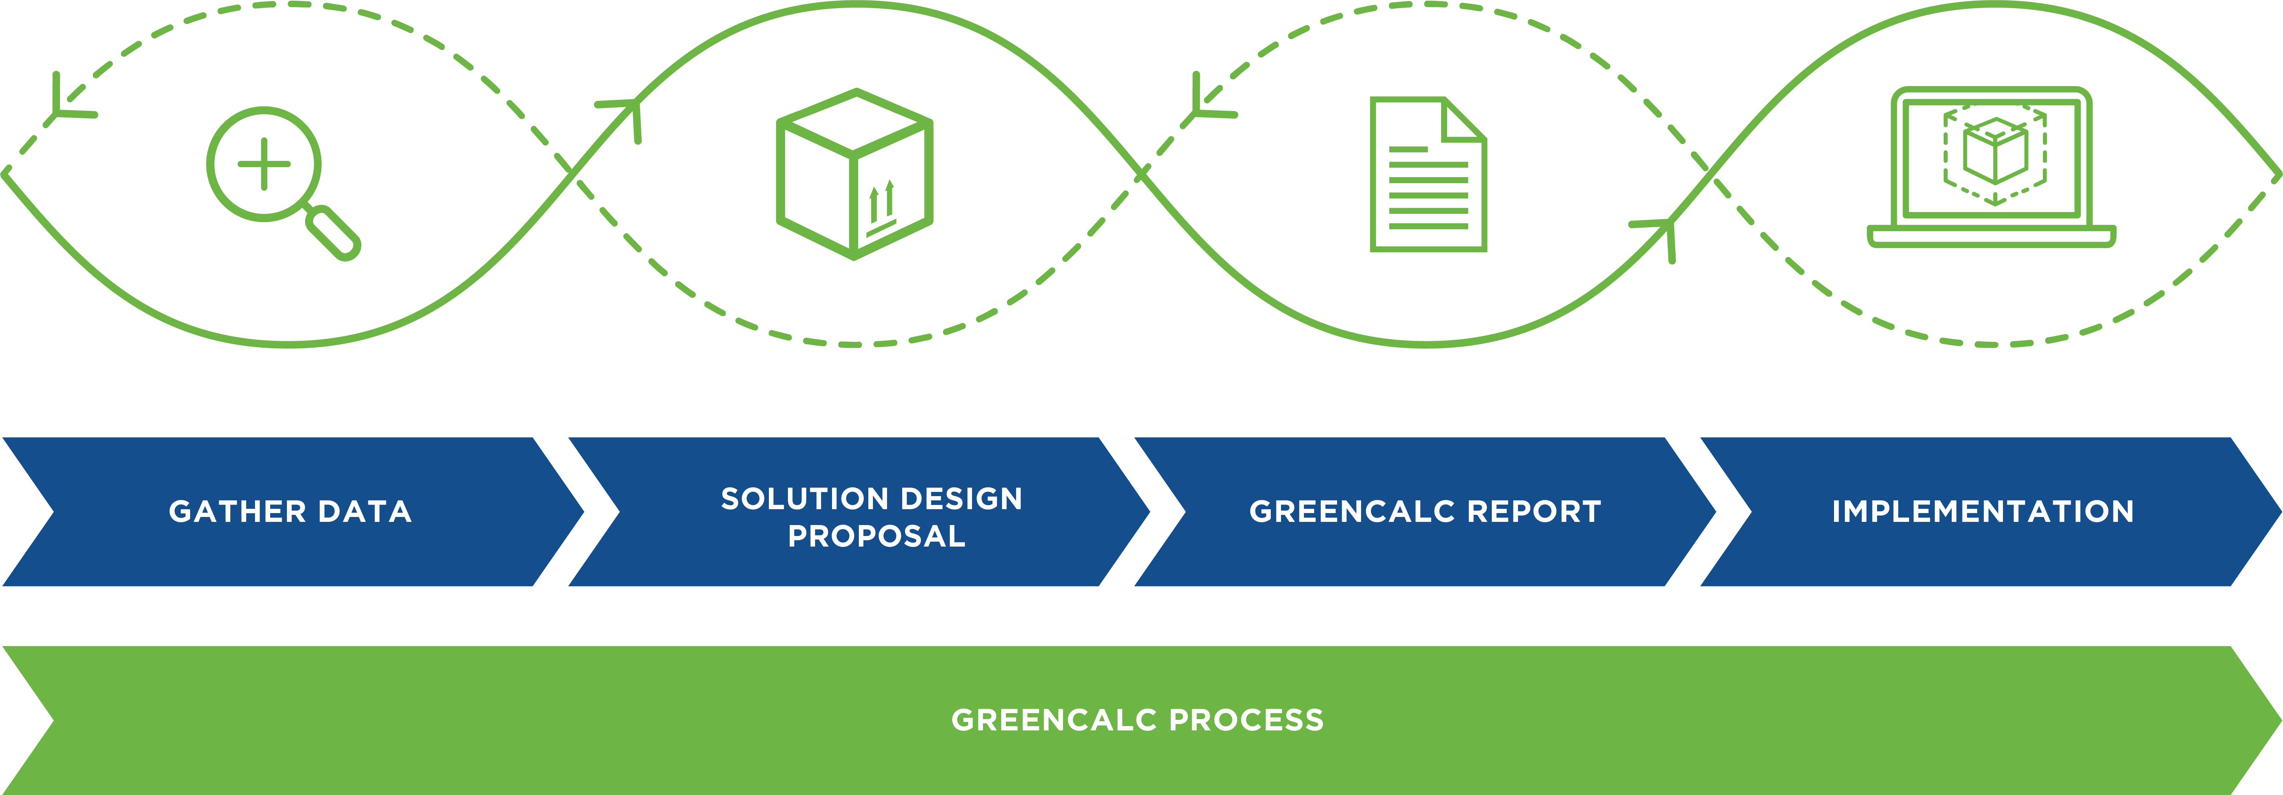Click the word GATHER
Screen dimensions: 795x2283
(237, 512)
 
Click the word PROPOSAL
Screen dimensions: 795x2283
(876, 536)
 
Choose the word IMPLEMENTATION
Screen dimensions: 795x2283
(1983, 512)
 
